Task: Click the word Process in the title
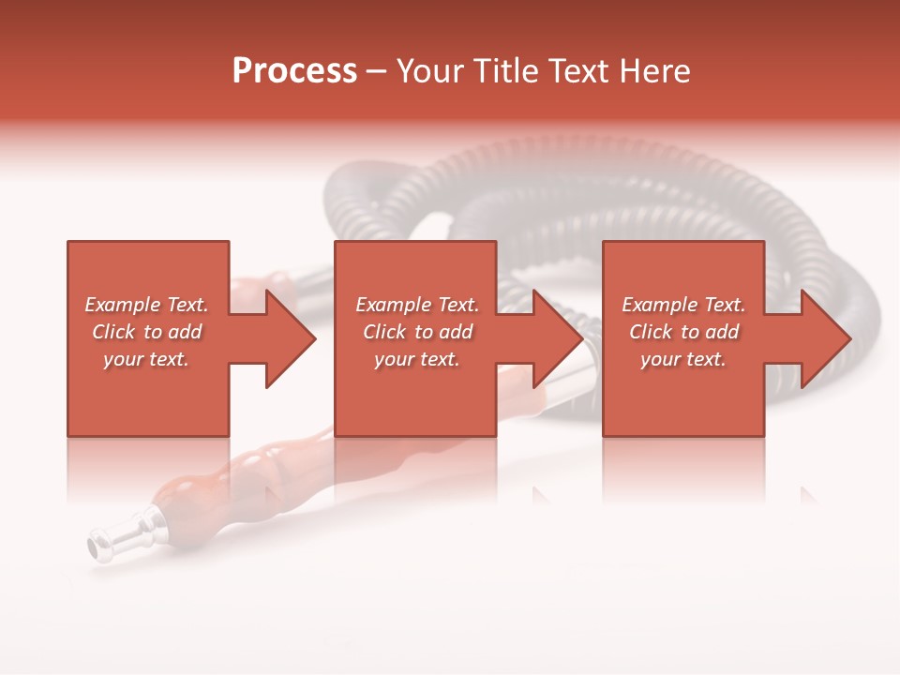[x=294, y=71]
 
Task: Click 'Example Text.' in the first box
[x=146, y=305]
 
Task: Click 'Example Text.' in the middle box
[x=417, y=305]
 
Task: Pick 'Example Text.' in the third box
[x=683, y=305]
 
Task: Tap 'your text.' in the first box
[x=146, y=359]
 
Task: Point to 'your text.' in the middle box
[x=417, y=359]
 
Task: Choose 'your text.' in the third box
[x=683, y=359]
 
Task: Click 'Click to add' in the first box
[x=146, y=332]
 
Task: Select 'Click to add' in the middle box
[x=417, y=332]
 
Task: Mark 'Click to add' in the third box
[x=683, y=332]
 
